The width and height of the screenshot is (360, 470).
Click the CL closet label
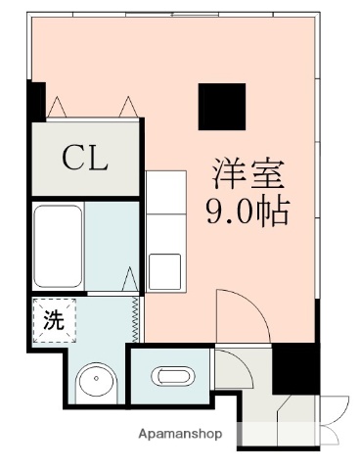click(x=85, y=157)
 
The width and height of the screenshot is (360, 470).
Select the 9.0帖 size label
click(x=247, y=211)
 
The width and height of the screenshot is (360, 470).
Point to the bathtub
click(x=57, y=245)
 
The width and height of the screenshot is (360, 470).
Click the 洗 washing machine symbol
click(x=51, y=318)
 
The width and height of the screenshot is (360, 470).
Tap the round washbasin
click(x=97, y=381)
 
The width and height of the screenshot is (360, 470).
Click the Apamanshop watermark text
click(x=180, y=433)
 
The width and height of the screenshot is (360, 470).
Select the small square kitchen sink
click(x=164, y=268)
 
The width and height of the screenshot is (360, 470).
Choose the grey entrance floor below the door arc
click(x=241, y=369)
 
